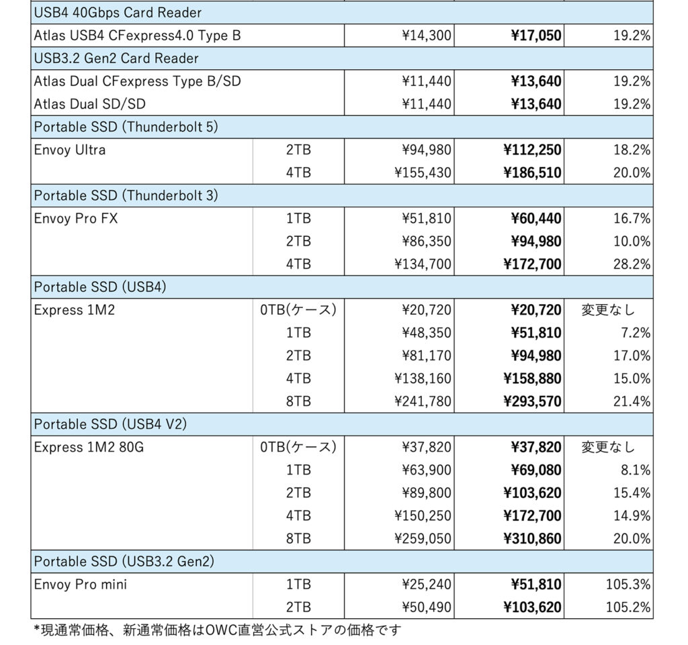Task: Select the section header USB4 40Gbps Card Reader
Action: [x=118, y=13]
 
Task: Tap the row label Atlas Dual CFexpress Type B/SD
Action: [x=137, y=81]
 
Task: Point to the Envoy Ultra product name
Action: [x=70, y=150]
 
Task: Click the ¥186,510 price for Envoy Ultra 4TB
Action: [x=532, y=173]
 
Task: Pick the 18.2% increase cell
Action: [x=632, y=150]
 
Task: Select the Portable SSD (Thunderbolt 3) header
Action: [x=126, y=195]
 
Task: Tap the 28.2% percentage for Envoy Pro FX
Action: [x=632, y=264]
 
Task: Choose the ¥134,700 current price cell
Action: [x=423, y=264]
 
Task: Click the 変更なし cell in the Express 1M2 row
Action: [x=608, y=310]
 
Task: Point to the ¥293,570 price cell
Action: [x=532, y=402]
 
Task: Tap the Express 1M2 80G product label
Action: [x=89, y=447]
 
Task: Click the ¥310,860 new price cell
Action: [x=532, y=539]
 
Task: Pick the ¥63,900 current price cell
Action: [x=427, y=470]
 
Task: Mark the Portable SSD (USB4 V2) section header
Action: [x=110, y=424]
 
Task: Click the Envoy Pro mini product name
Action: [x=81, y=585]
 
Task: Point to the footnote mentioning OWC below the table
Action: [x=218, y=630]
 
